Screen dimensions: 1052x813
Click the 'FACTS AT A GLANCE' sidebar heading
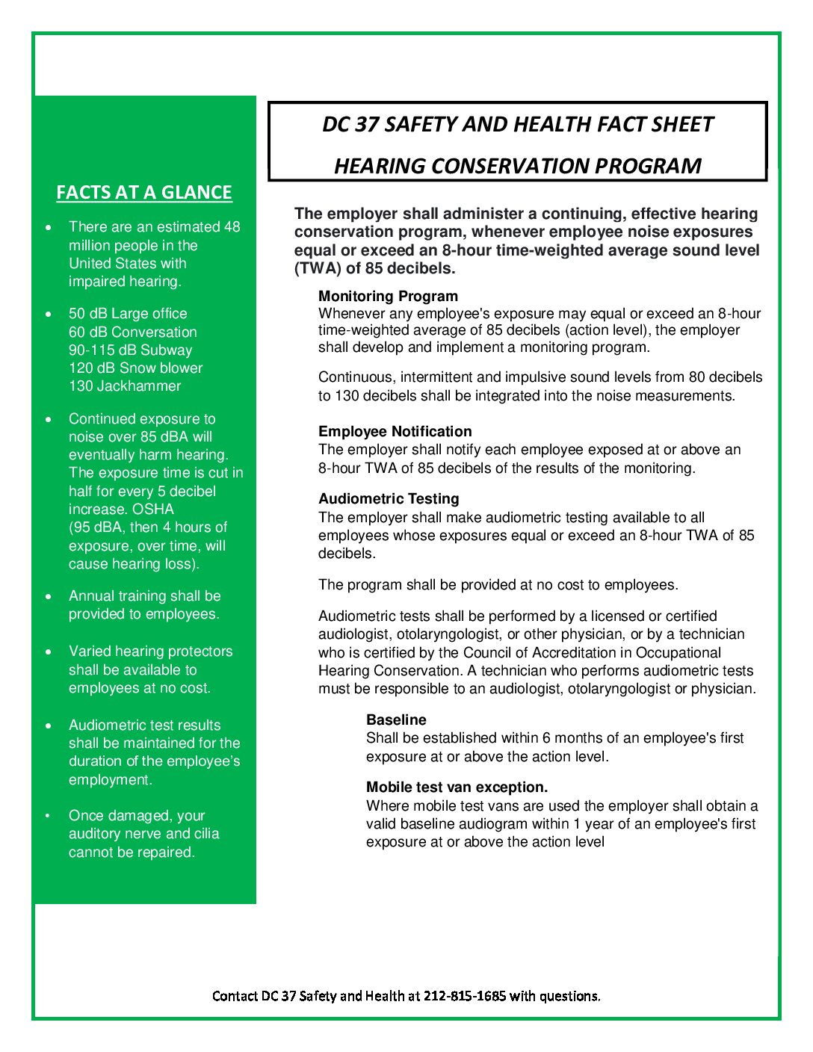click(x=144, y=193)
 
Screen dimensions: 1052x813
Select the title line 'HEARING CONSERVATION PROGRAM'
click(x=517, y=166)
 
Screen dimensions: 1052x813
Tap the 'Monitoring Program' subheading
click(x=388, y=296)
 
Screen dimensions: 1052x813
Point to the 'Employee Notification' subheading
click(x=395, y=431)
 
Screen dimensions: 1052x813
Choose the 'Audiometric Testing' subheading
click(x=389, y=498)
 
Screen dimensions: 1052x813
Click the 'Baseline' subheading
click(x=396, y=720)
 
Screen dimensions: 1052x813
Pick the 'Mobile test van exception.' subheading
click(x=457, y=787)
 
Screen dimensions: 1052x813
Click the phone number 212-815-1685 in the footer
click(x=464, y=996)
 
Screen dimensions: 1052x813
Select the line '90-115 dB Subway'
click(x=130, y=350)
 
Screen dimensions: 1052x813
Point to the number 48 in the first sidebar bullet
click(x=232, y=226)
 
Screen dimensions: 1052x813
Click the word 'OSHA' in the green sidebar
click(x=152, y=509)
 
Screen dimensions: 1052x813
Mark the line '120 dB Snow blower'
click(x=135, y=368)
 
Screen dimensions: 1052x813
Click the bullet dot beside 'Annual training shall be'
click(x=49, y=596)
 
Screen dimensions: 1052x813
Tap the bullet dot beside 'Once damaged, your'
click(x=49, y=816)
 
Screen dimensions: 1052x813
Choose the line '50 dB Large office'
click(x=128, y=314)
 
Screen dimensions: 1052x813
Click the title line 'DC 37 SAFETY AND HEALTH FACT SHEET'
click(x=517, y=124)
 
